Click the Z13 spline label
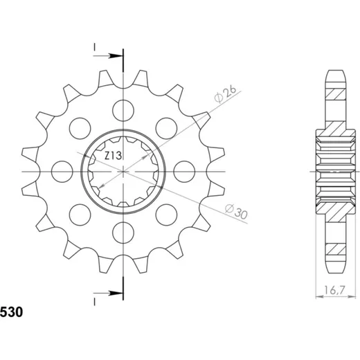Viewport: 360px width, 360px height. coord(113,156)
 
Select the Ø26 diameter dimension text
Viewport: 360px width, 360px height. coord(225,94)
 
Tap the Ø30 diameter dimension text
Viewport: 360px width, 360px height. coord(236,212)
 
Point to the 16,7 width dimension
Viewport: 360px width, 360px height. coord(334,290)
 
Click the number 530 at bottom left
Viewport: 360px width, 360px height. coord(12,312)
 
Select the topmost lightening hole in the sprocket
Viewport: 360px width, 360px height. coord(123,111)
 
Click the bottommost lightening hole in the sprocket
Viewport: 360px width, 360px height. coord(123,233)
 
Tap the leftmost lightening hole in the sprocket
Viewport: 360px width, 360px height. coord(62,172)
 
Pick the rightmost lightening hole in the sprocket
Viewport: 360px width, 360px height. coord(184,172)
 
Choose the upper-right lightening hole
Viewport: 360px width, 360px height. coord(166,129)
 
